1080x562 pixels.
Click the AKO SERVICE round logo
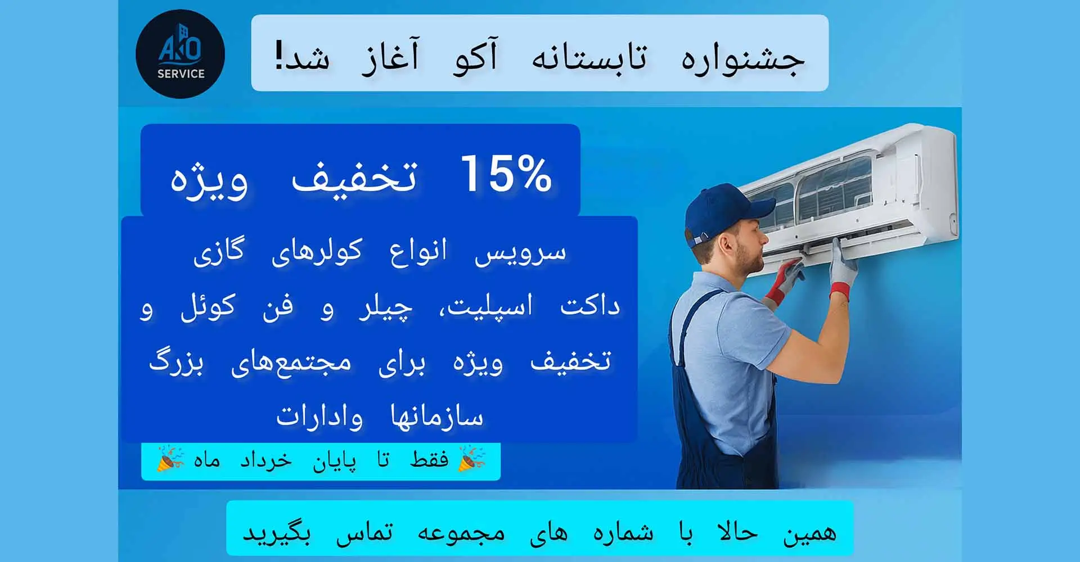click(180, 54)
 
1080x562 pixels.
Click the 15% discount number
click(506, 174)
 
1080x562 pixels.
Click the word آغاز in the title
click(390, 56)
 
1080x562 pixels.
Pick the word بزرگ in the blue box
click(176, 361)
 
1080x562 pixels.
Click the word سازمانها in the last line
click(436, 416)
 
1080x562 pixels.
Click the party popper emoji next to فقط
click(472, 459)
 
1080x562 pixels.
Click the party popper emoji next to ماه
click(170, 459)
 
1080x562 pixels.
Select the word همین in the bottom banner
click(810, 532)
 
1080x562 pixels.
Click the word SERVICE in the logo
click(181, 74)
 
